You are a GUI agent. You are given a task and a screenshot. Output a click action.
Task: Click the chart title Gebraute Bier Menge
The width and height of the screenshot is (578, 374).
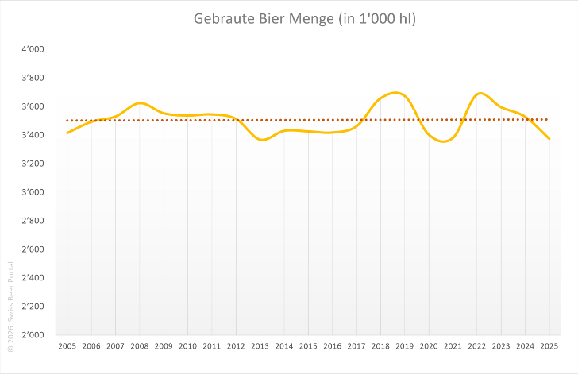click(x=264, y=18)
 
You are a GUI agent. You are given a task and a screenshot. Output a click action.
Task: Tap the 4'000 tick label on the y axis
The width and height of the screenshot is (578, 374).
click(x=33, y=49)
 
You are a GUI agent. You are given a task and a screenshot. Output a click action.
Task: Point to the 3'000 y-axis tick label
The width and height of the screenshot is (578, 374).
click(x=33, y=192)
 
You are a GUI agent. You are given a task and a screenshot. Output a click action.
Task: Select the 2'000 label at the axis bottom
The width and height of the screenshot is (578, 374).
click(x=33, y=334)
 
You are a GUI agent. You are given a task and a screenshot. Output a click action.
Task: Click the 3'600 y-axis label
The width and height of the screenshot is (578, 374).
click(x=33, y=106)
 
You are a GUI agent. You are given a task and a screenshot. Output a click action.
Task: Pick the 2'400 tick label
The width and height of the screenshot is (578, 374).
click(x=33, y=277)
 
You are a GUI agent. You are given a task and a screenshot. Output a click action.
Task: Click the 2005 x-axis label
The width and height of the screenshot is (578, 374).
click(x=67, y=346)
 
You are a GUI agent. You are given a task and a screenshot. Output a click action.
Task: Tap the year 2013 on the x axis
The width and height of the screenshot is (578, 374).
click(x=260, y=346)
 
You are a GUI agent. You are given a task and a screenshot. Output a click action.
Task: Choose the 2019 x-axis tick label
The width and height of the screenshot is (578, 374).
click(x=405, y=346)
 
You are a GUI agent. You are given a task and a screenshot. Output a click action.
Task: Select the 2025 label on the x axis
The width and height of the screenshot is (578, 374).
click(x=549, y=346)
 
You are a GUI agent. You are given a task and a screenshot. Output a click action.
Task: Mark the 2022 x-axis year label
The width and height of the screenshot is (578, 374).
click(x=477, y=346)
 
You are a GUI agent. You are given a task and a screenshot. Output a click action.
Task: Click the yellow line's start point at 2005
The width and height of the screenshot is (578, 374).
click(x=67, y=133)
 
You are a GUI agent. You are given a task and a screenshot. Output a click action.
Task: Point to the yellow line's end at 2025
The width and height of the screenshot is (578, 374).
click(x=549, y=139)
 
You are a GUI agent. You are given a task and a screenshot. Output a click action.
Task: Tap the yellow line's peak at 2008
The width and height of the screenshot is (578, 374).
click(x=140, y=103)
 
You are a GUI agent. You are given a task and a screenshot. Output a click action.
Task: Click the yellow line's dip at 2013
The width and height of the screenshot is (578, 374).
click(x=262, y=140)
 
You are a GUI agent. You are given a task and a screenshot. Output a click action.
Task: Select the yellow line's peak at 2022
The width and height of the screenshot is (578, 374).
click(x=480, y=94)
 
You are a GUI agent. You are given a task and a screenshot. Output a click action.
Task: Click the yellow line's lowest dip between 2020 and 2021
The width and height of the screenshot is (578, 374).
click(x=444, y=141)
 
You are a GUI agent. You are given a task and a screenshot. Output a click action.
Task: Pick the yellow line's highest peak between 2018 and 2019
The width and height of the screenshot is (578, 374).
click(x=395, y=93)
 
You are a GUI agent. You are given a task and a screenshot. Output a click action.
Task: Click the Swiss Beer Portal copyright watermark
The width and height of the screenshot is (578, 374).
click(x=10, y=307)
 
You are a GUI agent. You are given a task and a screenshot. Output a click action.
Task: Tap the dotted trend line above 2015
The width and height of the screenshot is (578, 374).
click(x=308, y=120)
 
